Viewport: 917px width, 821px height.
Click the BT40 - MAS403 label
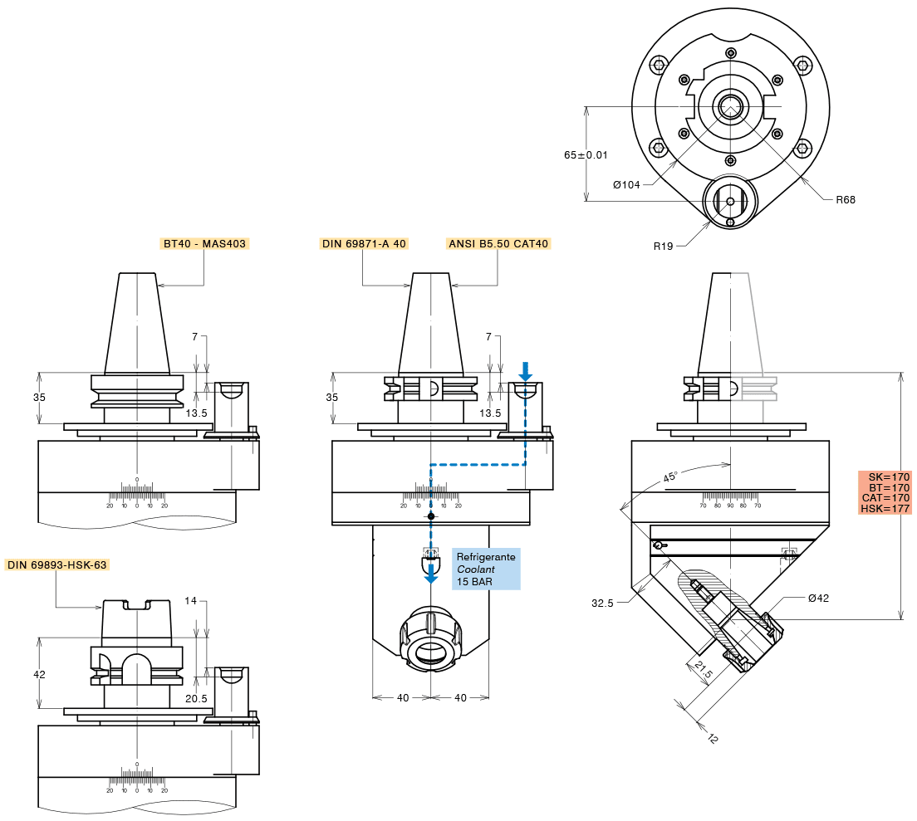(x=204, y=244)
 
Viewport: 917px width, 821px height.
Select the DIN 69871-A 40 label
(x=363, y=243)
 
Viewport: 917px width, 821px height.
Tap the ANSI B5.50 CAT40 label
(x=498, y=243)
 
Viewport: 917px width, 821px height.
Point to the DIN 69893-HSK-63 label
(x=57, y=564)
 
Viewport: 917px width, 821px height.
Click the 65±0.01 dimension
(x=586, y=155)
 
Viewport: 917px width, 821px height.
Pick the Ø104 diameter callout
(x=627, y=184)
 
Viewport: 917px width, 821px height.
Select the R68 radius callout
(x=845, y=199)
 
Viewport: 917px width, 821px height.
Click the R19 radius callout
(x=663, y=246)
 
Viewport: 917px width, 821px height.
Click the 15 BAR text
(x=474, y=582)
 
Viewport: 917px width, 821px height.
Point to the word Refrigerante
(x=486, y=557)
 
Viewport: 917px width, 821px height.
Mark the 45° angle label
(x=670, y=476)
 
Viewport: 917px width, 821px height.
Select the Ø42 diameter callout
(x=818, y=598)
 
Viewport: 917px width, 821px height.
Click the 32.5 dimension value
(x=602, y=604)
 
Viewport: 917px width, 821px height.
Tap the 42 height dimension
(x=39, y=674)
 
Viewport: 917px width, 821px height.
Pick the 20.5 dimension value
(x=196, y=698)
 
